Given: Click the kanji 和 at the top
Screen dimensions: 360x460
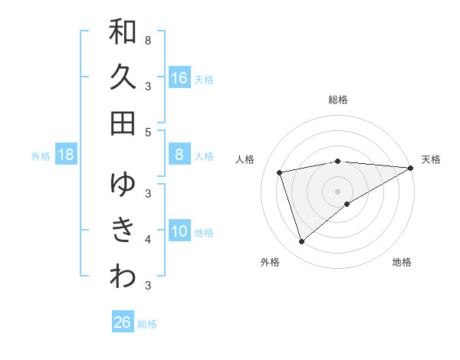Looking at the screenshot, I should point(123,32).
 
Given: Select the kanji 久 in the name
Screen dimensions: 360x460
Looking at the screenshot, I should point(123,77).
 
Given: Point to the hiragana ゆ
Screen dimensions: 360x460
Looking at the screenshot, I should point(123,184).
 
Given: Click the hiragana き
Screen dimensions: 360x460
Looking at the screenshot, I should point(123,230).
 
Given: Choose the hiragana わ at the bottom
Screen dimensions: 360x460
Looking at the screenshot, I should point(123,277).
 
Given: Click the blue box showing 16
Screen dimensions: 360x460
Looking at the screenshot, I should point(179,77).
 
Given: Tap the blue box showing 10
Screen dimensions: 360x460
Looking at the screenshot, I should point(179,231).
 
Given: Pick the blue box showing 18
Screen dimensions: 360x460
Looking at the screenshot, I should point(66,155).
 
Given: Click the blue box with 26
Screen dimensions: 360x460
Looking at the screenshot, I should point(123,322).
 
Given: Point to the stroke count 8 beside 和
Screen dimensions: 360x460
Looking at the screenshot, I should point(148,40).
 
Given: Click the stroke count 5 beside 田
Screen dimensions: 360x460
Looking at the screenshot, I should point(148,131).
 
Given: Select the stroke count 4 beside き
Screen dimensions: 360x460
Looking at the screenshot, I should point(148,239).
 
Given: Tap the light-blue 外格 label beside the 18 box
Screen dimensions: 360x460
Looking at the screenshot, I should point(41,156).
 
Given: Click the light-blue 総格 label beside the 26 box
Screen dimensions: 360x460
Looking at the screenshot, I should point(147,323).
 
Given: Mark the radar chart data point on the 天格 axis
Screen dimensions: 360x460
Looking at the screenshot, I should point(410,168).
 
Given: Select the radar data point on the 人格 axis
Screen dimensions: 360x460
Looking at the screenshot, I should point(280,172).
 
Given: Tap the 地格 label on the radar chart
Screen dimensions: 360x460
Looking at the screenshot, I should point(402,262).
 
